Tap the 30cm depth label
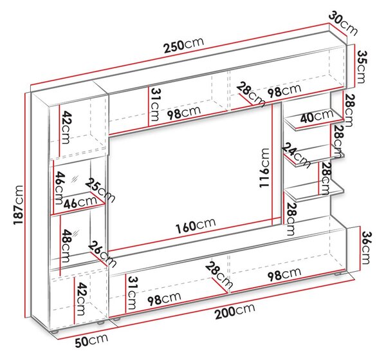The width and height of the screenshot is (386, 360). [343, 23]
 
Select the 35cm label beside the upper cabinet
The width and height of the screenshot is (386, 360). [362, 67]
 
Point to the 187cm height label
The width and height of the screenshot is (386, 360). [19, 205]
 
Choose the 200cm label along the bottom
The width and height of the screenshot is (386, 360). [235, 311]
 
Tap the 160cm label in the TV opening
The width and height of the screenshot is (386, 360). [196, 225]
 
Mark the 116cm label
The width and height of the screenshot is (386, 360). [264, 168]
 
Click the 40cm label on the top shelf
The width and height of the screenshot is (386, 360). [317, 116]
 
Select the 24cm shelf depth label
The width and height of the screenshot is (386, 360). [296, 155]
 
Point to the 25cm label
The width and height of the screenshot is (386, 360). [100, 190]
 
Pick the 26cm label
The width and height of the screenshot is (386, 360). [102, 254]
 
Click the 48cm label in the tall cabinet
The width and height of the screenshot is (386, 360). [66, 245]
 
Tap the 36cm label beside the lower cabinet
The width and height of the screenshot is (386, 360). [365, 248]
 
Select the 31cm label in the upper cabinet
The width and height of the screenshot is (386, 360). [154, 105]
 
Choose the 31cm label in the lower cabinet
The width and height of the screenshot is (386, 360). [132, 293]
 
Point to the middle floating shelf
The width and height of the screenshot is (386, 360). [314, 155]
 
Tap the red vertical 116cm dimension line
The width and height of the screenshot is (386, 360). [273, 165]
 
